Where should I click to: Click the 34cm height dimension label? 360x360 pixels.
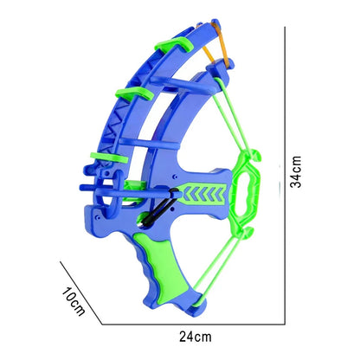(x=296, y=172)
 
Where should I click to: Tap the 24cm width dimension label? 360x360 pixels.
(x=196, y=337)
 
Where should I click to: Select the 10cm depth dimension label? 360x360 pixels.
(x=74, y=301)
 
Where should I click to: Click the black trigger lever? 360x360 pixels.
(x=158, y=208)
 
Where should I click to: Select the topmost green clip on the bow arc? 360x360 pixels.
(x=174, y=44)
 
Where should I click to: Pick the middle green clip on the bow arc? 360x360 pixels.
(x=134, y=93)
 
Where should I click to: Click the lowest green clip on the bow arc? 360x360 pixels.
(x=109, y=157)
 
